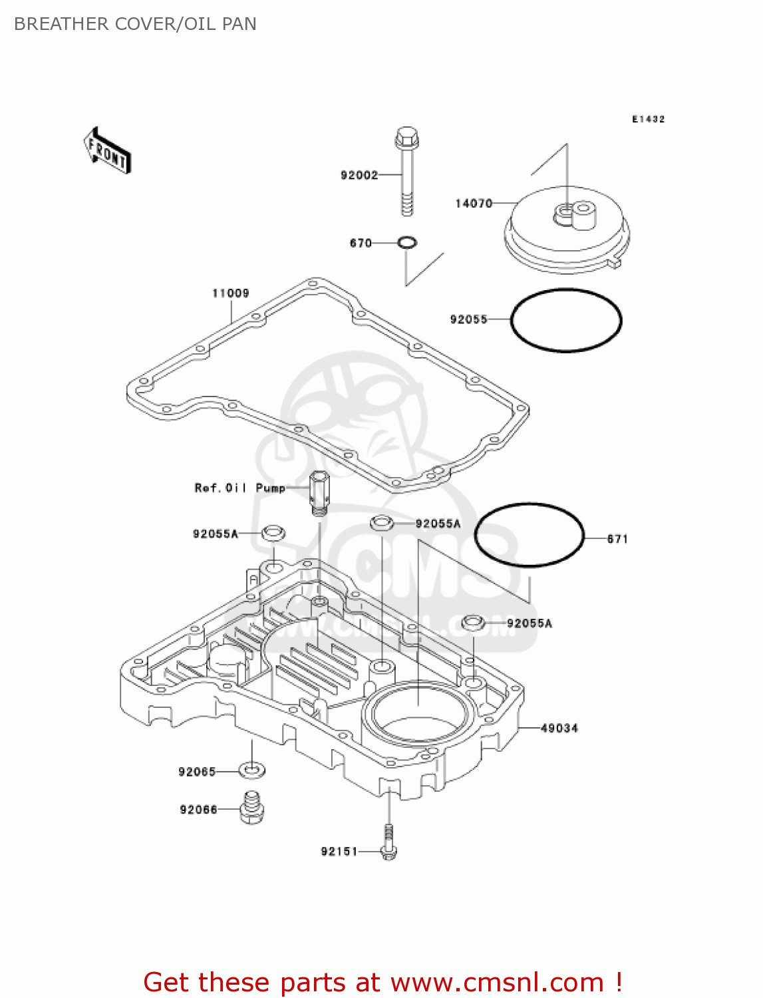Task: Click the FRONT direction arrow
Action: tap(107, 151)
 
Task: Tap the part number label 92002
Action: tap(359, 175)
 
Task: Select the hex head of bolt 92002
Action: tap(406, 138)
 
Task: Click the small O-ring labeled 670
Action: tap(407, 243)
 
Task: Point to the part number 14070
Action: tap(473, 203)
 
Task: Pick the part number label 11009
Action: tap(230, 293)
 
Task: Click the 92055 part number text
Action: tap(468, 319)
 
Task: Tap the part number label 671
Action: tap(617, 539)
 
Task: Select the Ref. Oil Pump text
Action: tap(239, 488)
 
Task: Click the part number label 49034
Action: tap(559, 728)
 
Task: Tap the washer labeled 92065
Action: tap(252, 770)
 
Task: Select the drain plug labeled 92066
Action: tap(251, 808)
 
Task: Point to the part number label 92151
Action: tap(339, 851)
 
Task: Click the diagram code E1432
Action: tap(648, 119)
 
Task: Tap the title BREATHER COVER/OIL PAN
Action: tap(135, 24)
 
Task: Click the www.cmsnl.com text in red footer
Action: tap(497, 982)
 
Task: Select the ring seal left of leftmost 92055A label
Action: tap(273, 533)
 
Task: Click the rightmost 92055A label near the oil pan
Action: tap(529, 623)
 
